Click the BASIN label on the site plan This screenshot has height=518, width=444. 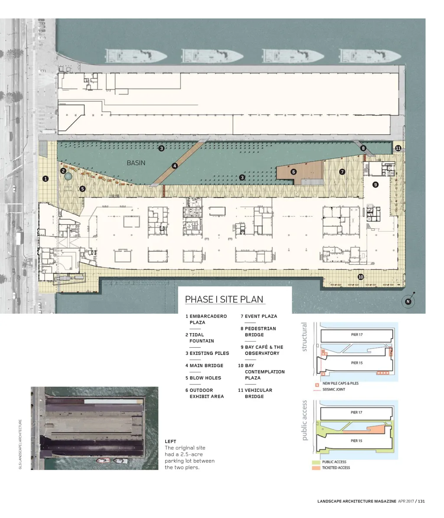(x=136, y=163)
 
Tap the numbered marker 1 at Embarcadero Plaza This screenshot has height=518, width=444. (x=46, y=179)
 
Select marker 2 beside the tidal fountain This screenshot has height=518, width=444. (x=63, y=171)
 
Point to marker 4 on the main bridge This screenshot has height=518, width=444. (x=174, y=166)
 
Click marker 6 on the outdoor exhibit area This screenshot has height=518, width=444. (x=294, y=172)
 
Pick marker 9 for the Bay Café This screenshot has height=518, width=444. (x=375, y=185)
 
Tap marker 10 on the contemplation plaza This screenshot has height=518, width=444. (x=360, y=277)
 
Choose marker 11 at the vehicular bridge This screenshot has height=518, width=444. (x=398, y=148)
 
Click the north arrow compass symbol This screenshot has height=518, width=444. (x=408, y=301)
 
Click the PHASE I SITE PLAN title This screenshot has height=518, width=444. (x=224, y=299)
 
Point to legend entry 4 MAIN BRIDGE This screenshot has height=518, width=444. (x=204, y=366)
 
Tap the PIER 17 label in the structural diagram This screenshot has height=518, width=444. (x=357, y=335)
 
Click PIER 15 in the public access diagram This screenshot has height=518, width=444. (x=356, y=441)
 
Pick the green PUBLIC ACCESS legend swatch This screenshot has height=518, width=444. (x=316, y=462)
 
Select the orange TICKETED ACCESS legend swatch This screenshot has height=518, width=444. (x=316, y=468)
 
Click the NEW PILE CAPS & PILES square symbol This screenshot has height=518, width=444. (x=317, y=385)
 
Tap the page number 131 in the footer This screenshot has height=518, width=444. (x=421, y=501)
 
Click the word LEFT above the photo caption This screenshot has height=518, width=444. (x=170, y=441)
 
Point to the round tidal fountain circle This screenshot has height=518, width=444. (x=68, y=176)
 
